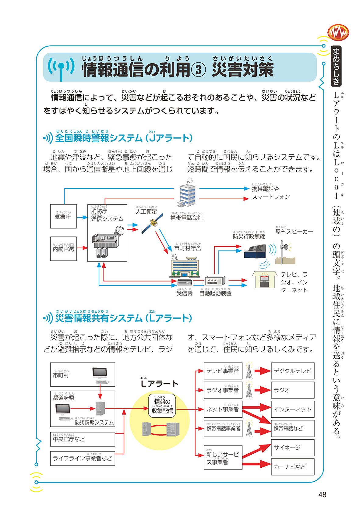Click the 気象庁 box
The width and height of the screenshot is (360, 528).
[63, 216]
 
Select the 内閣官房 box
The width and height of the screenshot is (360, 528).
[63, 249]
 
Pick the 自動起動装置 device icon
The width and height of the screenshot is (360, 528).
[215, 281]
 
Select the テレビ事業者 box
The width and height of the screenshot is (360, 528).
[223, 371]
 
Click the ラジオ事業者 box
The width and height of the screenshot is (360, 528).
[223, 390]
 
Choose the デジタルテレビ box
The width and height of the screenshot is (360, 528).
[292, 371]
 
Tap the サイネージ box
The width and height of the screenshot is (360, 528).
[292, 448]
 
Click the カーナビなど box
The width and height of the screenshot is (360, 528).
[292, 467]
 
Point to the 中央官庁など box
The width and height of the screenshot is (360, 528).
[82, 439]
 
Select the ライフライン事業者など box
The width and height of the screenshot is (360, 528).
[82, 458]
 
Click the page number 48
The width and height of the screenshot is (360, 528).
[322, 494]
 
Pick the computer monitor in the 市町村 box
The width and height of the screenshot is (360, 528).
[100, 373]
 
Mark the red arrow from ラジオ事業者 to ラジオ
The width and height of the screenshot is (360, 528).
[262, 390]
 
